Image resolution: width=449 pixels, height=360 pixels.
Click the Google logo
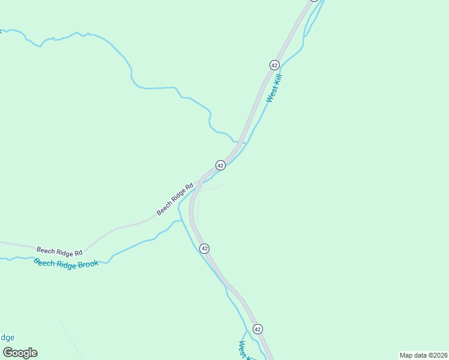pyautogui.click(x=20, y=353)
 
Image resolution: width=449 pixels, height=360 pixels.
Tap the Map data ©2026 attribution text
pyautogui.click(x=423, y=355)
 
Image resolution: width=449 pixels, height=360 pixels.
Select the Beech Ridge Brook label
pyautogui.click(x=66, y=264)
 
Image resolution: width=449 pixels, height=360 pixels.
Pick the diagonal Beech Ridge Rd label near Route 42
pyautogui.click(x=175, y=199)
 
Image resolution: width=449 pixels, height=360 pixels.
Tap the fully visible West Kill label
pyautogui.click(x=274, y=88)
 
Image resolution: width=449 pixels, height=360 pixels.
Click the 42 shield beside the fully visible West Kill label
pyautogui.click(x=274, y=65)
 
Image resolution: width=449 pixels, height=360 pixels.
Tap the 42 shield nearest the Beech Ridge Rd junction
pyautogui.click(x=220, y=165)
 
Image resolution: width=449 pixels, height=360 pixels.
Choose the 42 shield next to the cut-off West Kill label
pyautogui.click(x=258, y=329)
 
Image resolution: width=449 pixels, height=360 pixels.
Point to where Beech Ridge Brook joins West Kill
pyautogui.click(x=179, y=221)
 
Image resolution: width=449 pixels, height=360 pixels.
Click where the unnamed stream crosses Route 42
pyautogui.click(x=241, y=143)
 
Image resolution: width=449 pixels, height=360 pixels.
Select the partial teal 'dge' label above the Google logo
pyautogui.click(x=7, y=338)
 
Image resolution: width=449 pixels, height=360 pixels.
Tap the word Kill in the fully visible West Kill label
pyautogui.click(x=277, y=79)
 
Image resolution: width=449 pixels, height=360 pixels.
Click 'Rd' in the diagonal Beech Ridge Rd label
pyautogui.click(x=189, y=187)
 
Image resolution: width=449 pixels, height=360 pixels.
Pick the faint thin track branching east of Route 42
pyautogui.click(x=212, y=188)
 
